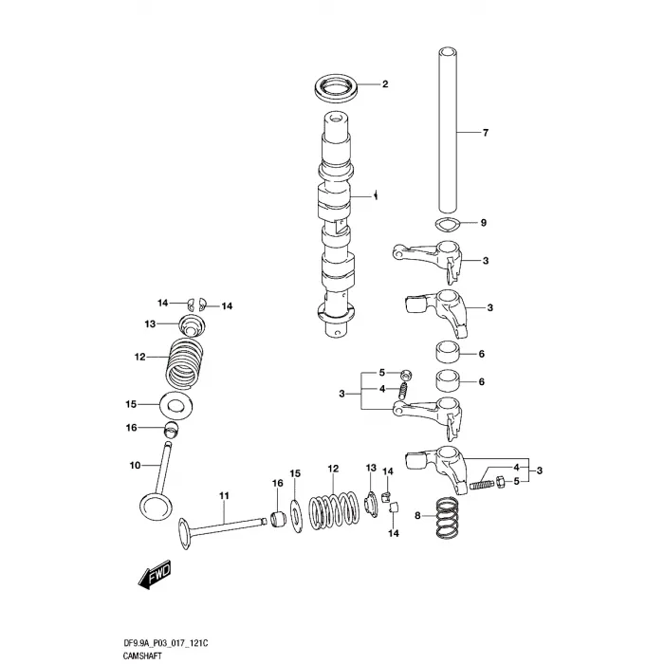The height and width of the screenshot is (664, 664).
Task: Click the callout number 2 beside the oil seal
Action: coord(385,84)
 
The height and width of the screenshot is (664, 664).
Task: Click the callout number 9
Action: coord(483,223)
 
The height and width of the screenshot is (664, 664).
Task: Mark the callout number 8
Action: coord(417,515)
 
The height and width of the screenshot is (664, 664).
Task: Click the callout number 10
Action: coord(134,465)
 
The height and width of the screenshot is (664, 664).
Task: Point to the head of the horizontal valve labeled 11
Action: coord(190,534)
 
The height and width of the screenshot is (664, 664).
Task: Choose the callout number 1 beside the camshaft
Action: coord(377,195)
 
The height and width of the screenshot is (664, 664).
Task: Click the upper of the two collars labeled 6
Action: coord(450,355)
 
